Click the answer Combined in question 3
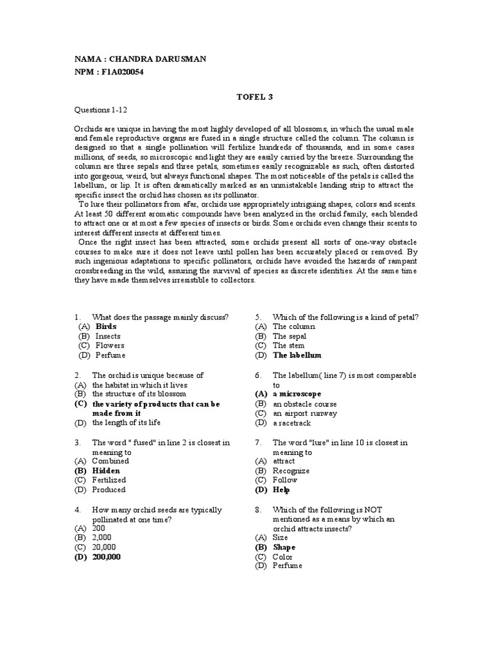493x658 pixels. [x=110, y=461]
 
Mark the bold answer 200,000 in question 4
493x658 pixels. [x=107, y=557]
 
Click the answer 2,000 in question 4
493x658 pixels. [x=103, y=537]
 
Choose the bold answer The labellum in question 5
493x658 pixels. [x=297, y=355]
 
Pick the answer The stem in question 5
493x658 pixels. [x=288, y=345]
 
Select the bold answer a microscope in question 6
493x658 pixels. [x=297, y=394]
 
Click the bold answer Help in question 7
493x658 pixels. [x=281, y=490]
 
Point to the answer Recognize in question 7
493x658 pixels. [x=291, y=470]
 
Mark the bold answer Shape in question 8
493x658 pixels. [x=284, y=547]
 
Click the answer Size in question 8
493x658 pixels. [x=281, y=537]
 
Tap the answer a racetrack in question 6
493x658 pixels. [x=292, y=423]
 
